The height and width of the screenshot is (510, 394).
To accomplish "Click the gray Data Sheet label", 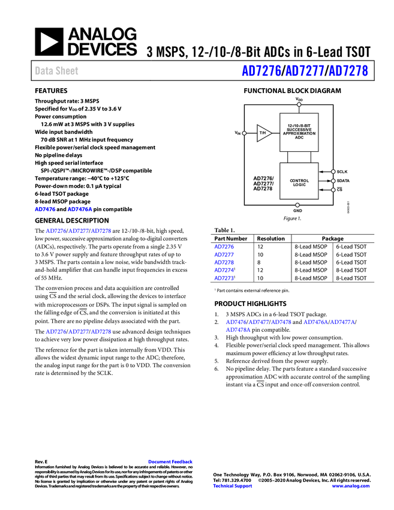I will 57,71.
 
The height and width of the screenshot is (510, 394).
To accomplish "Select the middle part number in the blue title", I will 305,71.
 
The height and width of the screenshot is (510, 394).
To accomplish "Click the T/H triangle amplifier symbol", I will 263,133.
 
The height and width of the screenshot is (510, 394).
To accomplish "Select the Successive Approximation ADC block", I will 299,132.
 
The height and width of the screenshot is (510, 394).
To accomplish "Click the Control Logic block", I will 299,181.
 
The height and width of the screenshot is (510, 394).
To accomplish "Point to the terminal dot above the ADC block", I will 299,104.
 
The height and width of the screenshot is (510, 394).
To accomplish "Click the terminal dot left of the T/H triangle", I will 244,133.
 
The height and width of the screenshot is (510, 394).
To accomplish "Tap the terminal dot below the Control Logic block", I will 297,205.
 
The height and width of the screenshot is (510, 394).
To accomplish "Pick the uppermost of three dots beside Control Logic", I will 333,172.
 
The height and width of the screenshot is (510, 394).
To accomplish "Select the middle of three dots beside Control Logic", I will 333,181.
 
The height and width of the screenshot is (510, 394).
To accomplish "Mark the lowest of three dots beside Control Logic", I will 333,190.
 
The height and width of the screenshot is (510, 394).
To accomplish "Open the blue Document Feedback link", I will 171,462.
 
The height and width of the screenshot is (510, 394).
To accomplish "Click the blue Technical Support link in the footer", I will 233,486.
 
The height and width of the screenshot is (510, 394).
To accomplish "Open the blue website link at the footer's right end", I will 351,486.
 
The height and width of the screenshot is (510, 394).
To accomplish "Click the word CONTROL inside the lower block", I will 299,181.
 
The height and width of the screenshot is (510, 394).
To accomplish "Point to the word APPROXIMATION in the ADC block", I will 299,133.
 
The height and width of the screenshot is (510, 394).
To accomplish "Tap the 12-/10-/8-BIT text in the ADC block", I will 299,125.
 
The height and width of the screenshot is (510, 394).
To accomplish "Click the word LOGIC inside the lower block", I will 299,185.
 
